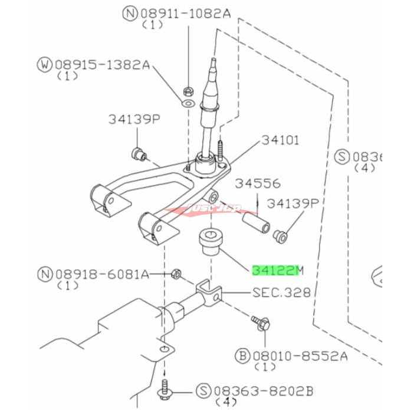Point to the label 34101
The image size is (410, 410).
pos(280,140)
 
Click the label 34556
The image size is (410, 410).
pos(258,183)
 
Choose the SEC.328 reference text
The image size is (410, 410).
pos(281,293)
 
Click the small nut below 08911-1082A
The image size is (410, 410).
pos(188,91)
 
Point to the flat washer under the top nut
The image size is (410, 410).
pos(187,104)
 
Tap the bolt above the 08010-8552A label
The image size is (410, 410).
pos(261,323)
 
